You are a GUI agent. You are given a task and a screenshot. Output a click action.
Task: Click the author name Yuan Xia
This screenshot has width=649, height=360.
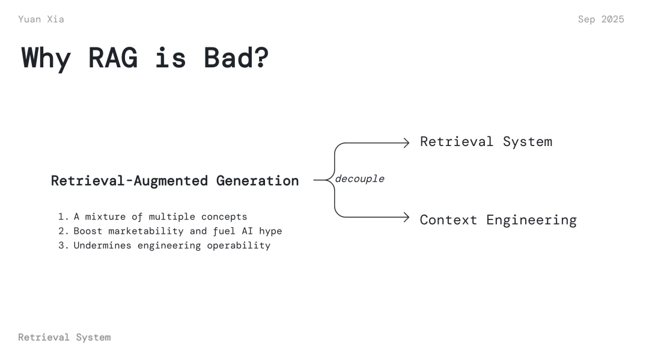(x=41, y=19)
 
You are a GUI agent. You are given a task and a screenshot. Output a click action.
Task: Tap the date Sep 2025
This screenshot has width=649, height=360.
(x=601, y=19)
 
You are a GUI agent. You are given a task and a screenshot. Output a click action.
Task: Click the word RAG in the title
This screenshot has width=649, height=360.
(x=113, y=58)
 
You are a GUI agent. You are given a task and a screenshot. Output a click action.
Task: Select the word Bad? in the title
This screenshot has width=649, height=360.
(x=236, y=58)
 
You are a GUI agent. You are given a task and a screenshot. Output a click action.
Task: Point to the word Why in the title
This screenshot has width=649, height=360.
(x=46, y=59)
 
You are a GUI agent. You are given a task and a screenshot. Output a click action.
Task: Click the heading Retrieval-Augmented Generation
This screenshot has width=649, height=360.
(x=175, y=181)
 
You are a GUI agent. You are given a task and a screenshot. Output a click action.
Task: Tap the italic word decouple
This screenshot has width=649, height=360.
(x=360, y=178)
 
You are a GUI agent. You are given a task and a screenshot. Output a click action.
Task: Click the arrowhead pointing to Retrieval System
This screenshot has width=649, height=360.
(x=406, y=143)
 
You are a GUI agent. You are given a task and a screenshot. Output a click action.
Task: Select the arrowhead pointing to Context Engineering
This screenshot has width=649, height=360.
(x=406, y=217)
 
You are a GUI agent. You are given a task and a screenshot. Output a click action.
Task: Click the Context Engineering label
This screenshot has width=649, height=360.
(x=498, y=220)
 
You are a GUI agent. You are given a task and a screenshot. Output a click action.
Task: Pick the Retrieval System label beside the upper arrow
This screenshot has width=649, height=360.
(x=486, y=142)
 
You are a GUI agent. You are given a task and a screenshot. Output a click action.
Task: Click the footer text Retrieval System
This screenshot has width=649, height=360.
(x=64, y=337)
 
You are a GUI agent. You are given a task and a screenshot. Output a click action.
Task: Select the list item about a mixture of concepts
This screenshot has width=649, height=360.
(x=152, y=217)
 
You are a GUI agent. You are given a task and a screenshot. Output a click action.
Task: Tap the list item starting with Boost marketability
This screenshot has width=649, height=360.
(x=170, y=231)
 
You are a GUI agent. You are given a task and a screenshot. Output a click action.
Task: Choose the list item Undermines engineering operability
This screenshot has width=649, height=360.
(x=164, y=245)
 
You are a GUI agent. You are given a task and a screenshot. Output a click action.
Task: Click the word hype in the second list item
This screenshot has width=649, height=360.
(x=270, y=231)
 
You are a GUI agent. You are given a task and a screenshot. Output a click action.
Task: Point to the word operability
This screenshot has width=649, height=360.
(x=239, y=246)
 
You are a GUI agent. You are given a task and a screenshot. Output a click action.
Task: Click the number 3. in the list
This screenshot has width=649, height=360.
(x=63, y=245)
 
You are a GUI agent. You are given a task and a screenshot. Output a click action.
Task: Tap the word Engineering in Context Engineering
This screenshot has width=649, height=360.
(x=531, y=220)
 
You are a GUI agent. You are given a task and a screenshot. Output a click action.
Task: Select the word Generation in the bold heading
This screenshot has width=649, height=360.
(x=257, y=181)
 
